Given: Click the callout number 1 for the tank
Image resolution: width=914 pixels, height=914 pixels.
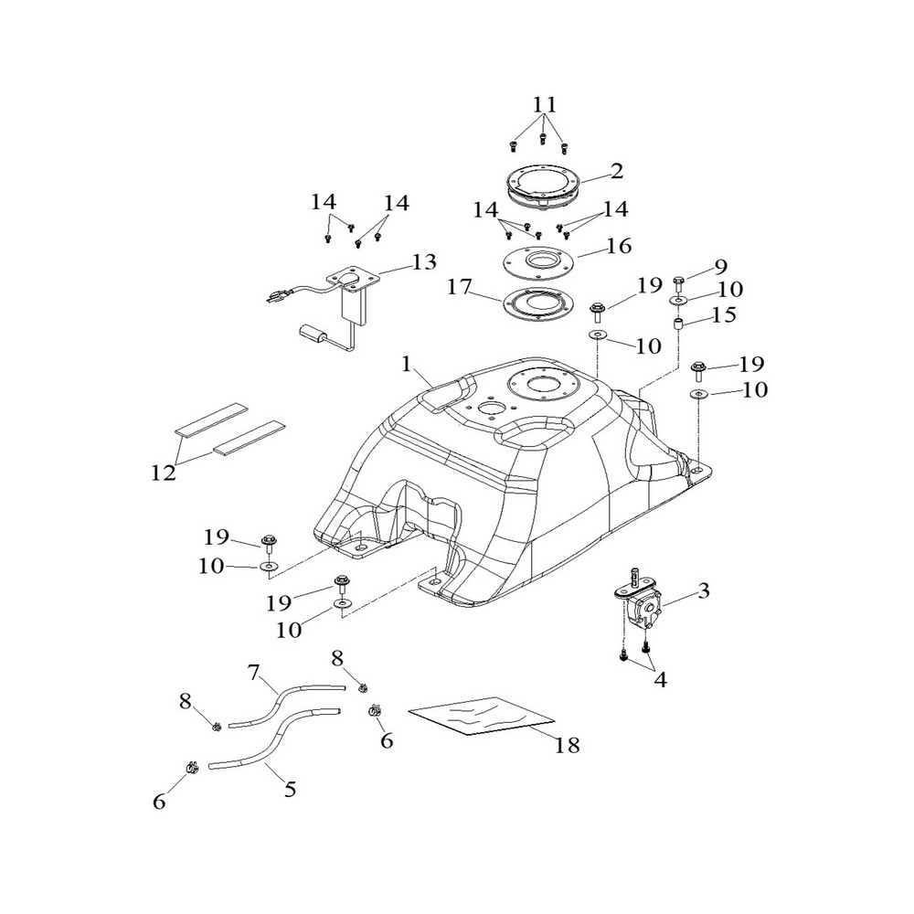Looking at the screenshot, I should [408, 365].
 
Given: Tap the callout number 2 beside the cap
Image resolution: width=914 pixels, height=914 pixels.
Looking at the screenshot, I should [617, 170].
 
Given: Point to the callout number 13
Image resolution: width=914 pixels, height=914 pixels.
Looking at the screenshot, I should [424, 262].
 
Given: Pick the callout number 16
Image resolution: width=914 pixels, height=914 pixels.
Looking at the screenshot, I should [618, 246].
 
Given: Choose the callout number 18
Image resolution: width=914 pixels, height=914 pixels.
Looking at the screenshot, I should [567, 745].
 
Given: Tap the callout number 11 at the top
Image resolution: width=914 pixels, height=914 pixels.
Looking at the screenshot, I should [545, 103].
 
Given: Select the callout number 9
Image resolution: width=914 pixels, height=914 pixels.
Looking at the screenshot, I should [721, 267].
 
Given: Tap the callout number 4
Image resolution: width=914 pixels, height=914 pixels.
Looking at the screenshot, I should [658, 681].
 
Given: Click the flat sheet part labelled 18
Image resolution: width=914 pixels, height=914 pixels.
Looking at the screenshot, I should [480, 715].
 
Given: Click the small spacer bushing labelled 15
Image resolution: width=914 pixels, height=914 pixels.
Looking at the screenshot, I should [679, 324].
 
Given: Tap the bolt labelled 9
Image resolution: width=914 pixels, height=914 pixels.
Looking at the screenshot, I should [677, 282].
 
